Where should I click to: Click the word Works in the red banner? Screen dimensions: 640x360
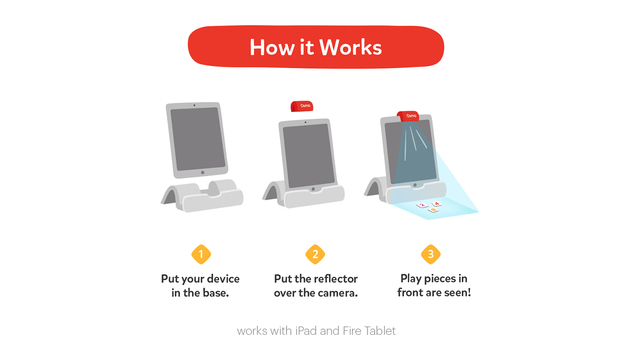pos(350,47)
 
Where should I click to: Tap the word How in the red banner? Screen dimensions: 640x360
pos(272,47)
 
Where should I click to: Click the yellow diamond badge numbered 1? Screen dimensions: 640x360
pos(201,254)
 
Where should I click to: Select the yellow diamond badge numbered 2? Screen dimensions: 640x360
pos(315,254)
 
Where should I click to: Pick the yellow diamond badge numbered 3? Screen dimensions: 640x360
pos(431,254)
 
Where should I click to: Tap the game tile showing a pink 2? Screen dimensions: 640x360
pos(422,205)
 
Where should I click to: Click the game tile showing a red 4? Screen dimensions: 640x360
pos(436,204)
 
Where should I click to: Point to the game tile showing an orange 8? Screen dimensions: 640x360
pos(433,210)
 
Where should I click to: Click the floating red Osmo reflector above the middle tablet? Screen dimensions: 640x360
pos(302,106)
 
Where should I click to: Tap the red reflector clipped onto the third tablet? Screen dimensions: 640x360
pos(408,116)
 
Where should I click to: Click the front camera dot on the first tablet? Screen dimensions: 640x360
pos(194,105)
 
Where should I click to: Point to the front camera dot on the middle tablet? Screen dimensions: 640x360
pos(305,122)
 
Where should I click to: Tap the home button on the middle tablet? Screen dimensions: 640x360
pos(313,189)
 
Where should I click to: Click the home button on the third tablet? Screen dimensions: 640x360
pos(415,185)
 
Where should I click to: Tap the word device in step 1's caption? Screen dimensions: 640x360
pos(223,279)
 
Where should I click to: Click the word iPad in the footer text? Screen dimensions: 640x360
pos(306,331)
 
